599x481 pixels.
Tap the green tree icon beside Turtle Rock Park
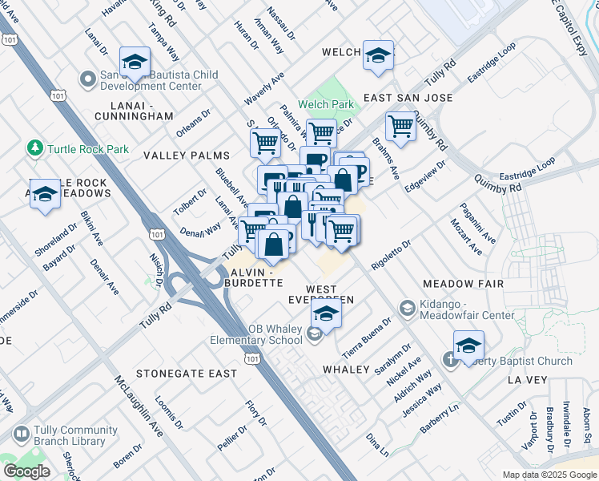click(34, 148)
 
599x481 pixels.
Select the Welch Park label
click(326, 104)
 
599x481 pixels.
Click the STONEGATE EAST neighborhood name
click(186, 374)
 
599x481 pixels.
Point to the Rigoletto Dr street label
click(391, 253)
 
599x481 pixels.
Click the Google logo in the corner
click(26, 471)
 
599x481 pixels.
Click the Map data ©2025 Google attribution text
click(549, 475)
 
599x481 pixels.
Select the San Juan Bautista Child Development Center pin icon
click(88, 79)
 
